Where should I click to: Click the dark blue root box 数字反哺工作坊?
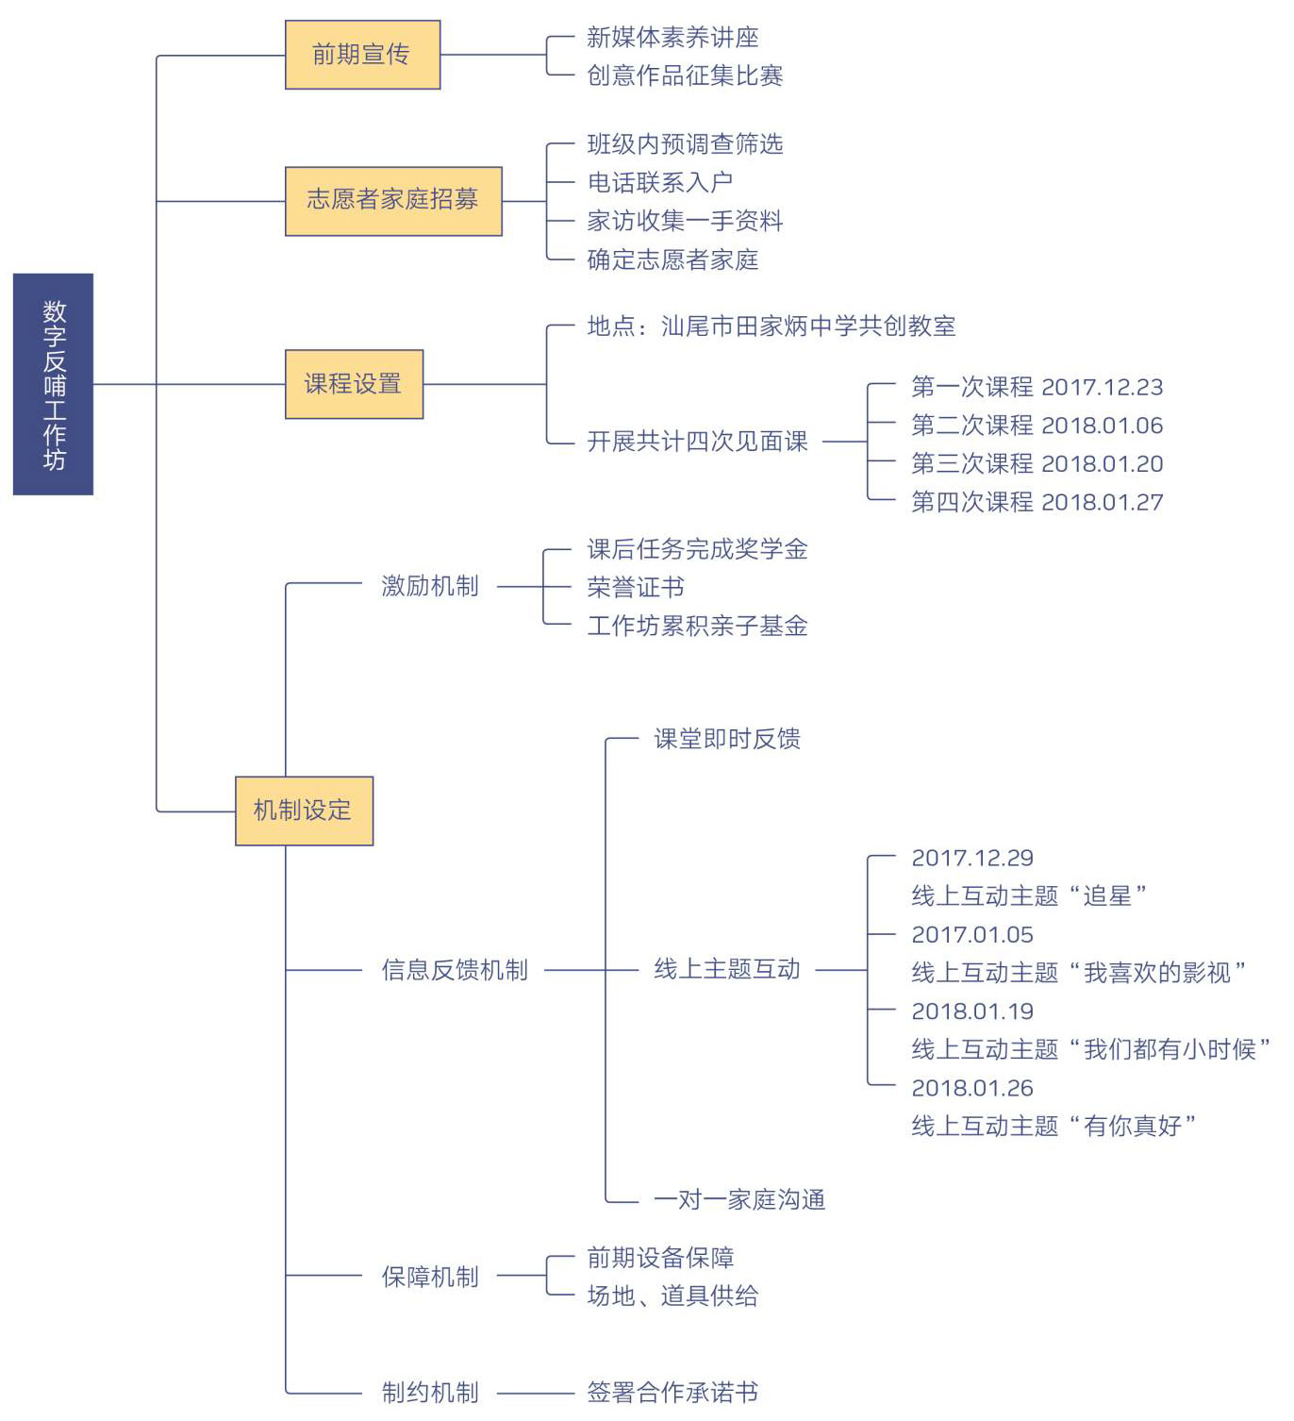(53, 384)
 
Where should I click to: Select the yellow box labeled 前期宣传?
(362, 55)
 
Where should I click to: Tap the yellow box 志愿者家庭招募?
(393, 201)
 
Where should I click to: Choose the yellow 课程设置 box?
(354, 384)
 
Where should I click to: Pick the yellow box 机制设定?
(304, 811)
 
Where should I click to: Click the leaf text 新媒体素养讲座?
(672, 37)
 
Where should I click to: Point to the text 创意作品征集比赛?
(684, 75)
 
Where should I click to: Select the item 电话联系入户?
(659, 182)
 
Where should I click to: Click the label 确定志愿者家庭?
(672, 259)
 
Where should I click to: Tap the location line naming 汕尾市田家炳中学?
(771, 326)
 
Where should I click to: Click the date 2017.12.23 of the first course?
(1102, 387)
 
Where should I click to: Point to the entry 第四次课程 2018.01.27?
(1037, 502)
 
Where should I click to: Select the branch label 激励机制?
(430, 586)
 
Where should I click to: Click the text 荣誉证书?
(636, 587)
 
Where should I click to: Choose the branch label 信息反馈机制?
(455, 970)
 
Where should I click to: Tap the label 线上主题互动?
(726, 968)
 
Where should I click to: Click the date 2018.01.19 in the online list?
(972, 1011)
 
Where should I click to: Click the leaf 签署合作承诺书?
(672, 1392)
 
